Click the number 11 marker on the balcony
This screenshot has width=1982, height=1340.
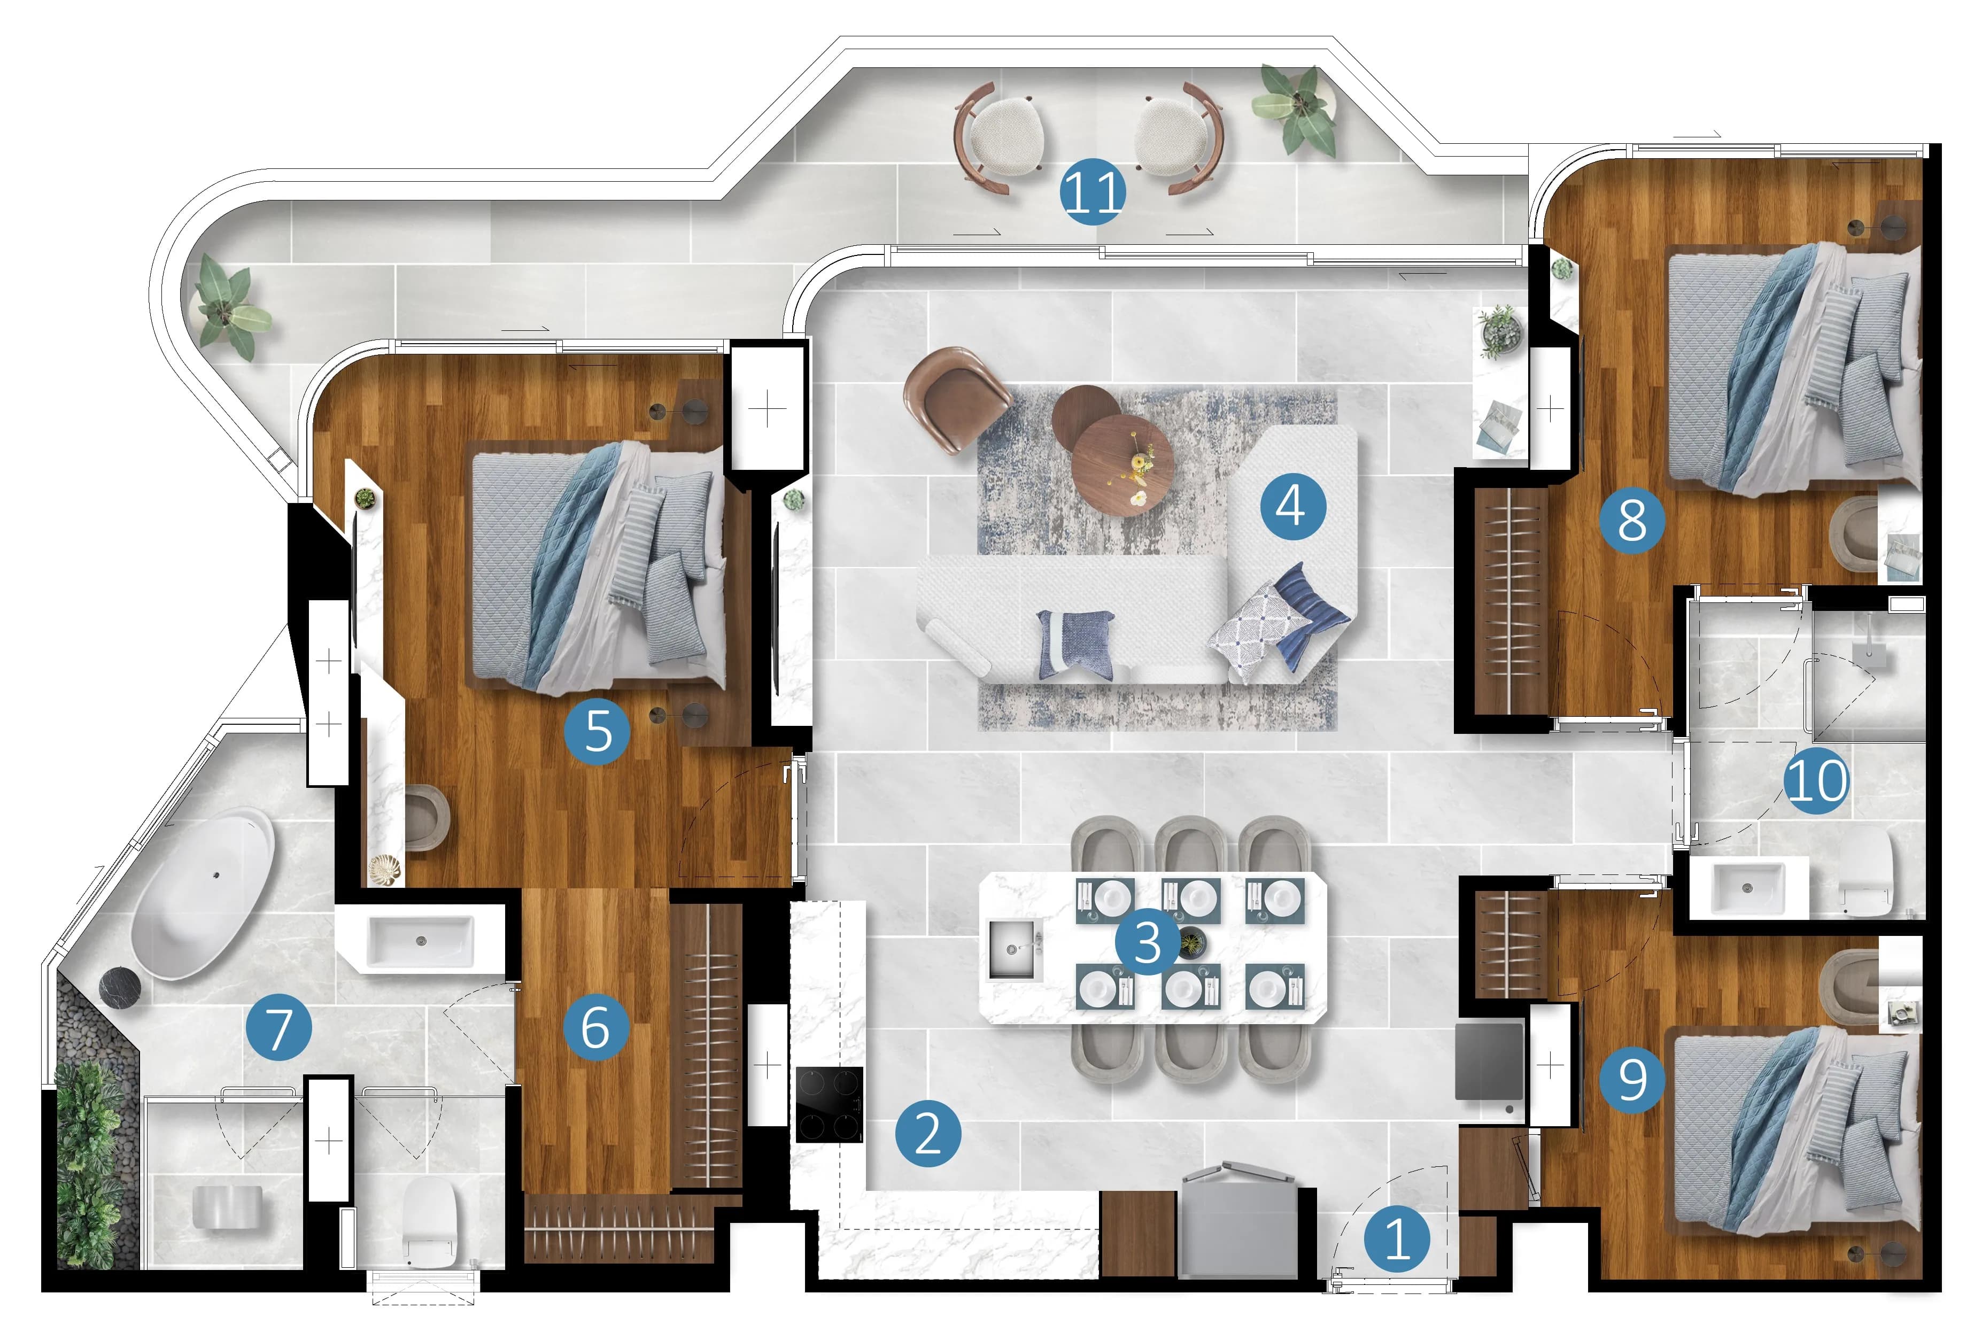tap(1093, 192)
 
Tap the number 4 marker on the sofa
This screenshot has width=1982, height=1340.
tap(1293, 507)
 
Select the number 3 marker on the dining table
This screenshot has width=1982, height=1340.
tap(1148, 942)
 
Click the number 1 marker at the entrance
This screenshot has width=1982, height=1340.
tap(1397, 1240)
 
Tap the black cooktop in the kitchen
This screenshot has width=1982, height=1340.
tap(829, 1105)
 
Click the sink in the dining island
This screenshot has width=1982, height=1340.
tap(1014, 949)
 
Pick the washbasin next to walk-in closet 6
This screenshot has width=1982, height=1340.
tap(421, 941)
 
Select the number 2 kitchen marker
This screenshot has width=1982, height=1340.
tap(928, 1134)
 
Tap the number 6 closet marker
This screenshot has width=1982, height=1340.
tap(596, 1027)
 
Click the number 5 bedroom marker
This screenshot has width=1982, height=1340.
tap(598, 731)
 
